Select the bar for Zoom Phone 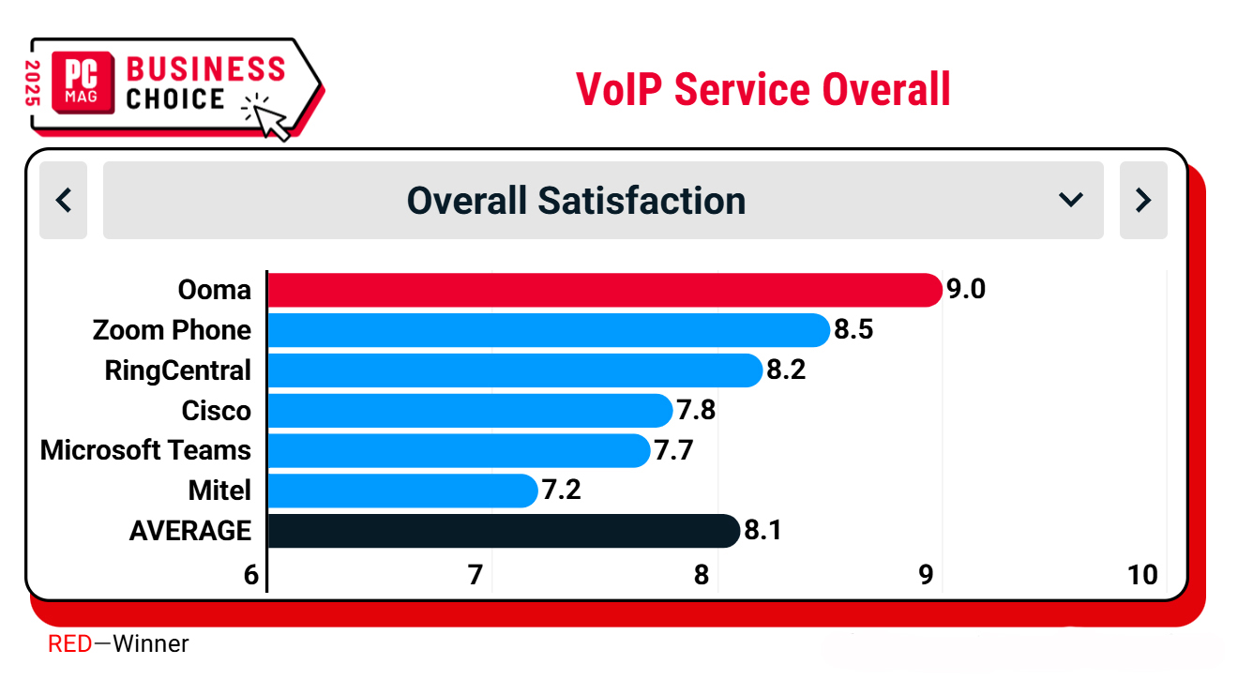coord(548,330)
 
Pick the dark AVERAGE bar coord(503,531)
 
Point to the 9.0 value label coord(966,290)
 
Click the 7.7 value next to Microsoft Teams coord(673,451)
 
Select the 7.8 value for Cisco coord(697,411)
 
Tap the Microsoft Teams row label coord(146,451)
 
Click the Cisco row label coord(217,411)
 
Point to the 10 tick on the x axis coord(1142,575)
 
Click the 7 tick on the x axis coord(476,575)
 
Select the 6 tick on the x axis coord(250,575)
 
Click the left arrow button coord(64,200)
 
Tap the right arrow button coord(1143,200)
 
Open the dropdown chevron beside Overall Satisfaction coord(1070,200)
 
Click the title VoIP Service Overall coord(763,89)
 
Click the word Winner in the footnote coord(151,644)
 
